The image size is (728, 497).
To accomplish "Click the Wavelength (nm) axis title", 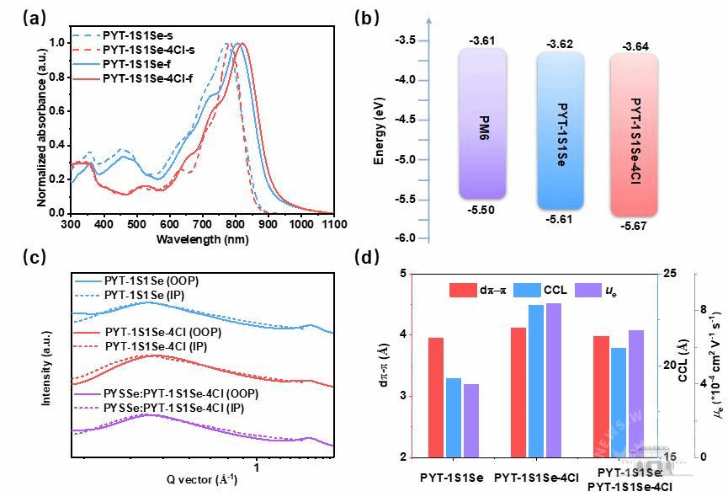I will (x=202, y=240).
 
